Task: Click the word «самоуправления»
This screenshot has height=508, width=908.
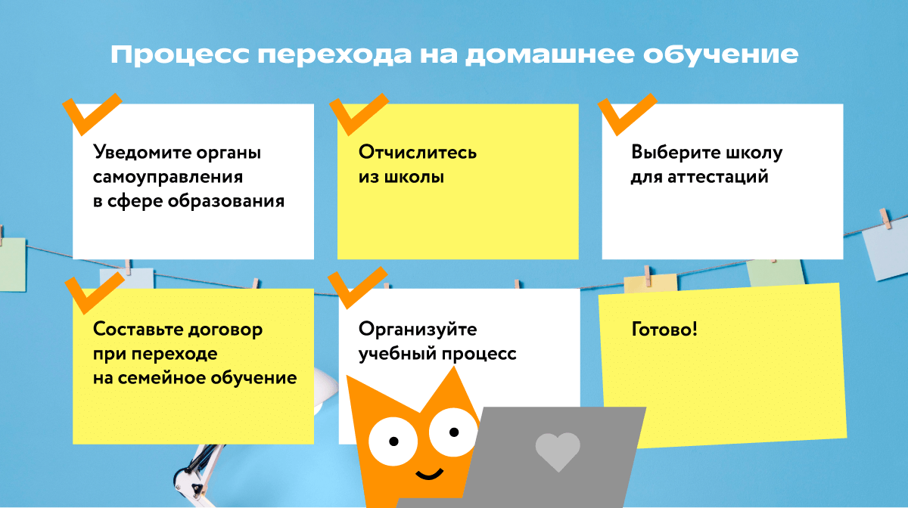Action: [x=168, y=177]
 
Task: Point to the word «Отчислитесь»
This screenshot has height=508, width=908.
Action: [x=418, y=153]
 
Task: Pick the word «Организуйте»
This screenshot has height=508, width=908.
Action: [x=418, y=330]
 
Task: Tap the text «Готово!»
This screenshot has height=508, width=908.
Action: [x=664, y=330]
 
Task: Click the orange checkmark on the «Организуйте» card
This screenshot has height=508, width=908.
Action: [x=356, y=290]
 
